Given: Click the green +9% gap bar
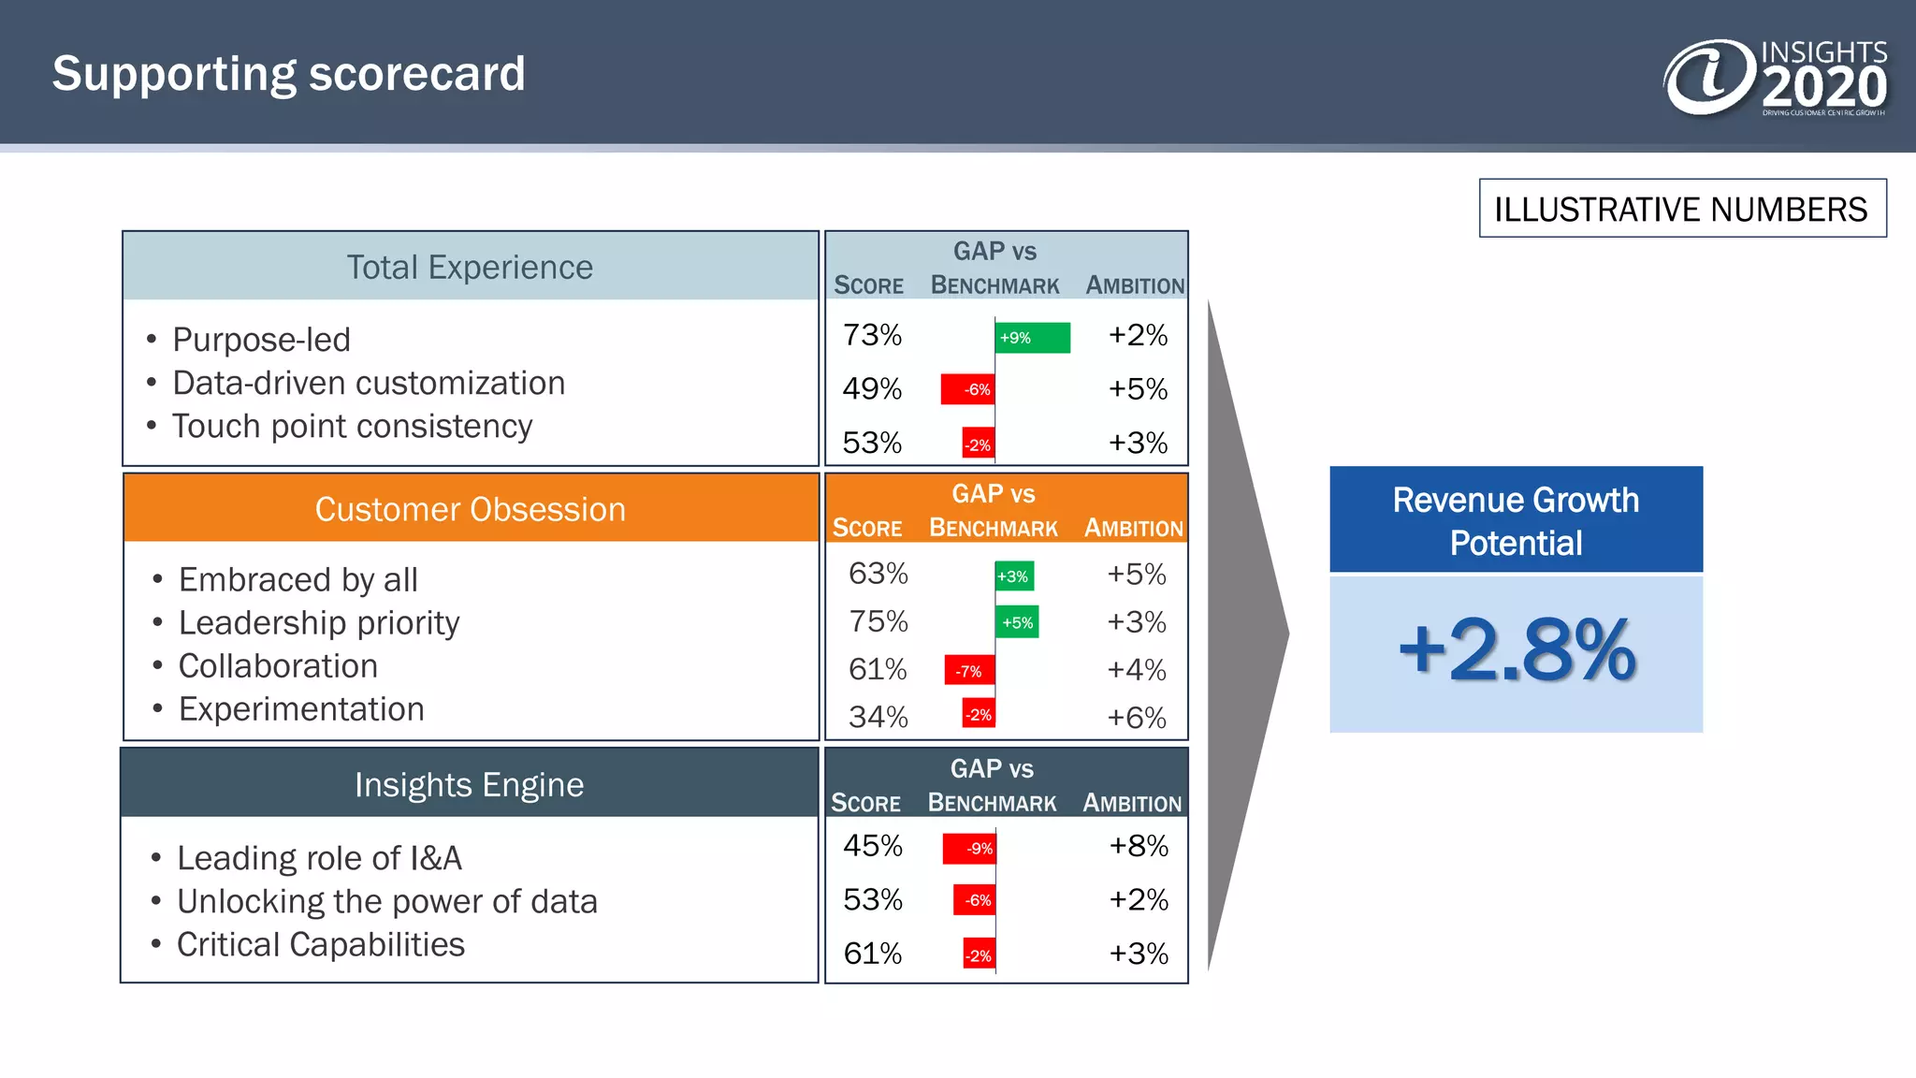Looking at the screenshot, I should tap(1032, 338).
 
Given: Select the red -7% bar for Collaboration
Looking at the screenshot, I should tap(969, 670).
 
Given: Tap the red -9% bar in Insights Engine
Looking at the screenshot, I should tap(969, 848).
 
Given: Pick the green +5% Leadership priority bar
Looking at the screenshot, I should tap(1017, 622).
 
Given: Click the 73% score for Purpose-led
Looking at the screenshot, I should tap(872, 335).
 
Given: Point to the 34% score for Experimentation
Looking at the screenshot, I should tap(878, 717).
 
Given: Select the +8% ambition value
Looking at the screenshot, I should tap(1138, 846).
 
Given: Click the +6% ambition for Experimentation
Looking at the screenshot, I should tap(1136, 718).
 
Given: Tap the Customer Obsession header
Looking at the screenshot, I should tap(470, 509).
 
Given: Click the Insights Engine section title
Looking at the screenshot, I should tap(469, 784).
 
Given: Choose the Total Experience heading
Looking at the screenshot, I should tap(470, 268).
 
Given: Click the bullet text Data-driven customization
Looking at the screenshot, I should tap(369, 383).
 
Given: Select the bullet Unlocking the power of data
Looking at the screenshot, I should tap(386, 901).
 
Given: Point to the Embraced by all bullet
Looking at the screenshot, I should tap(298, 579).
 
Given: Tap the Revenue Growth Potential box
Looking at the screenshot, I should tap(1516, 520).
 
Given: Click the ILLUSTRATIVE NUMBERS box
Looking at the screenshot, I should tap(1681, 209).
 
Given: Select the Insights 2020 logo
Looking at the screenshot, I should tap(1774, 77).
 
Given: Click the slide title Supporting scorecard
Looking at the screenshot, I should tap(288, 74).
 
